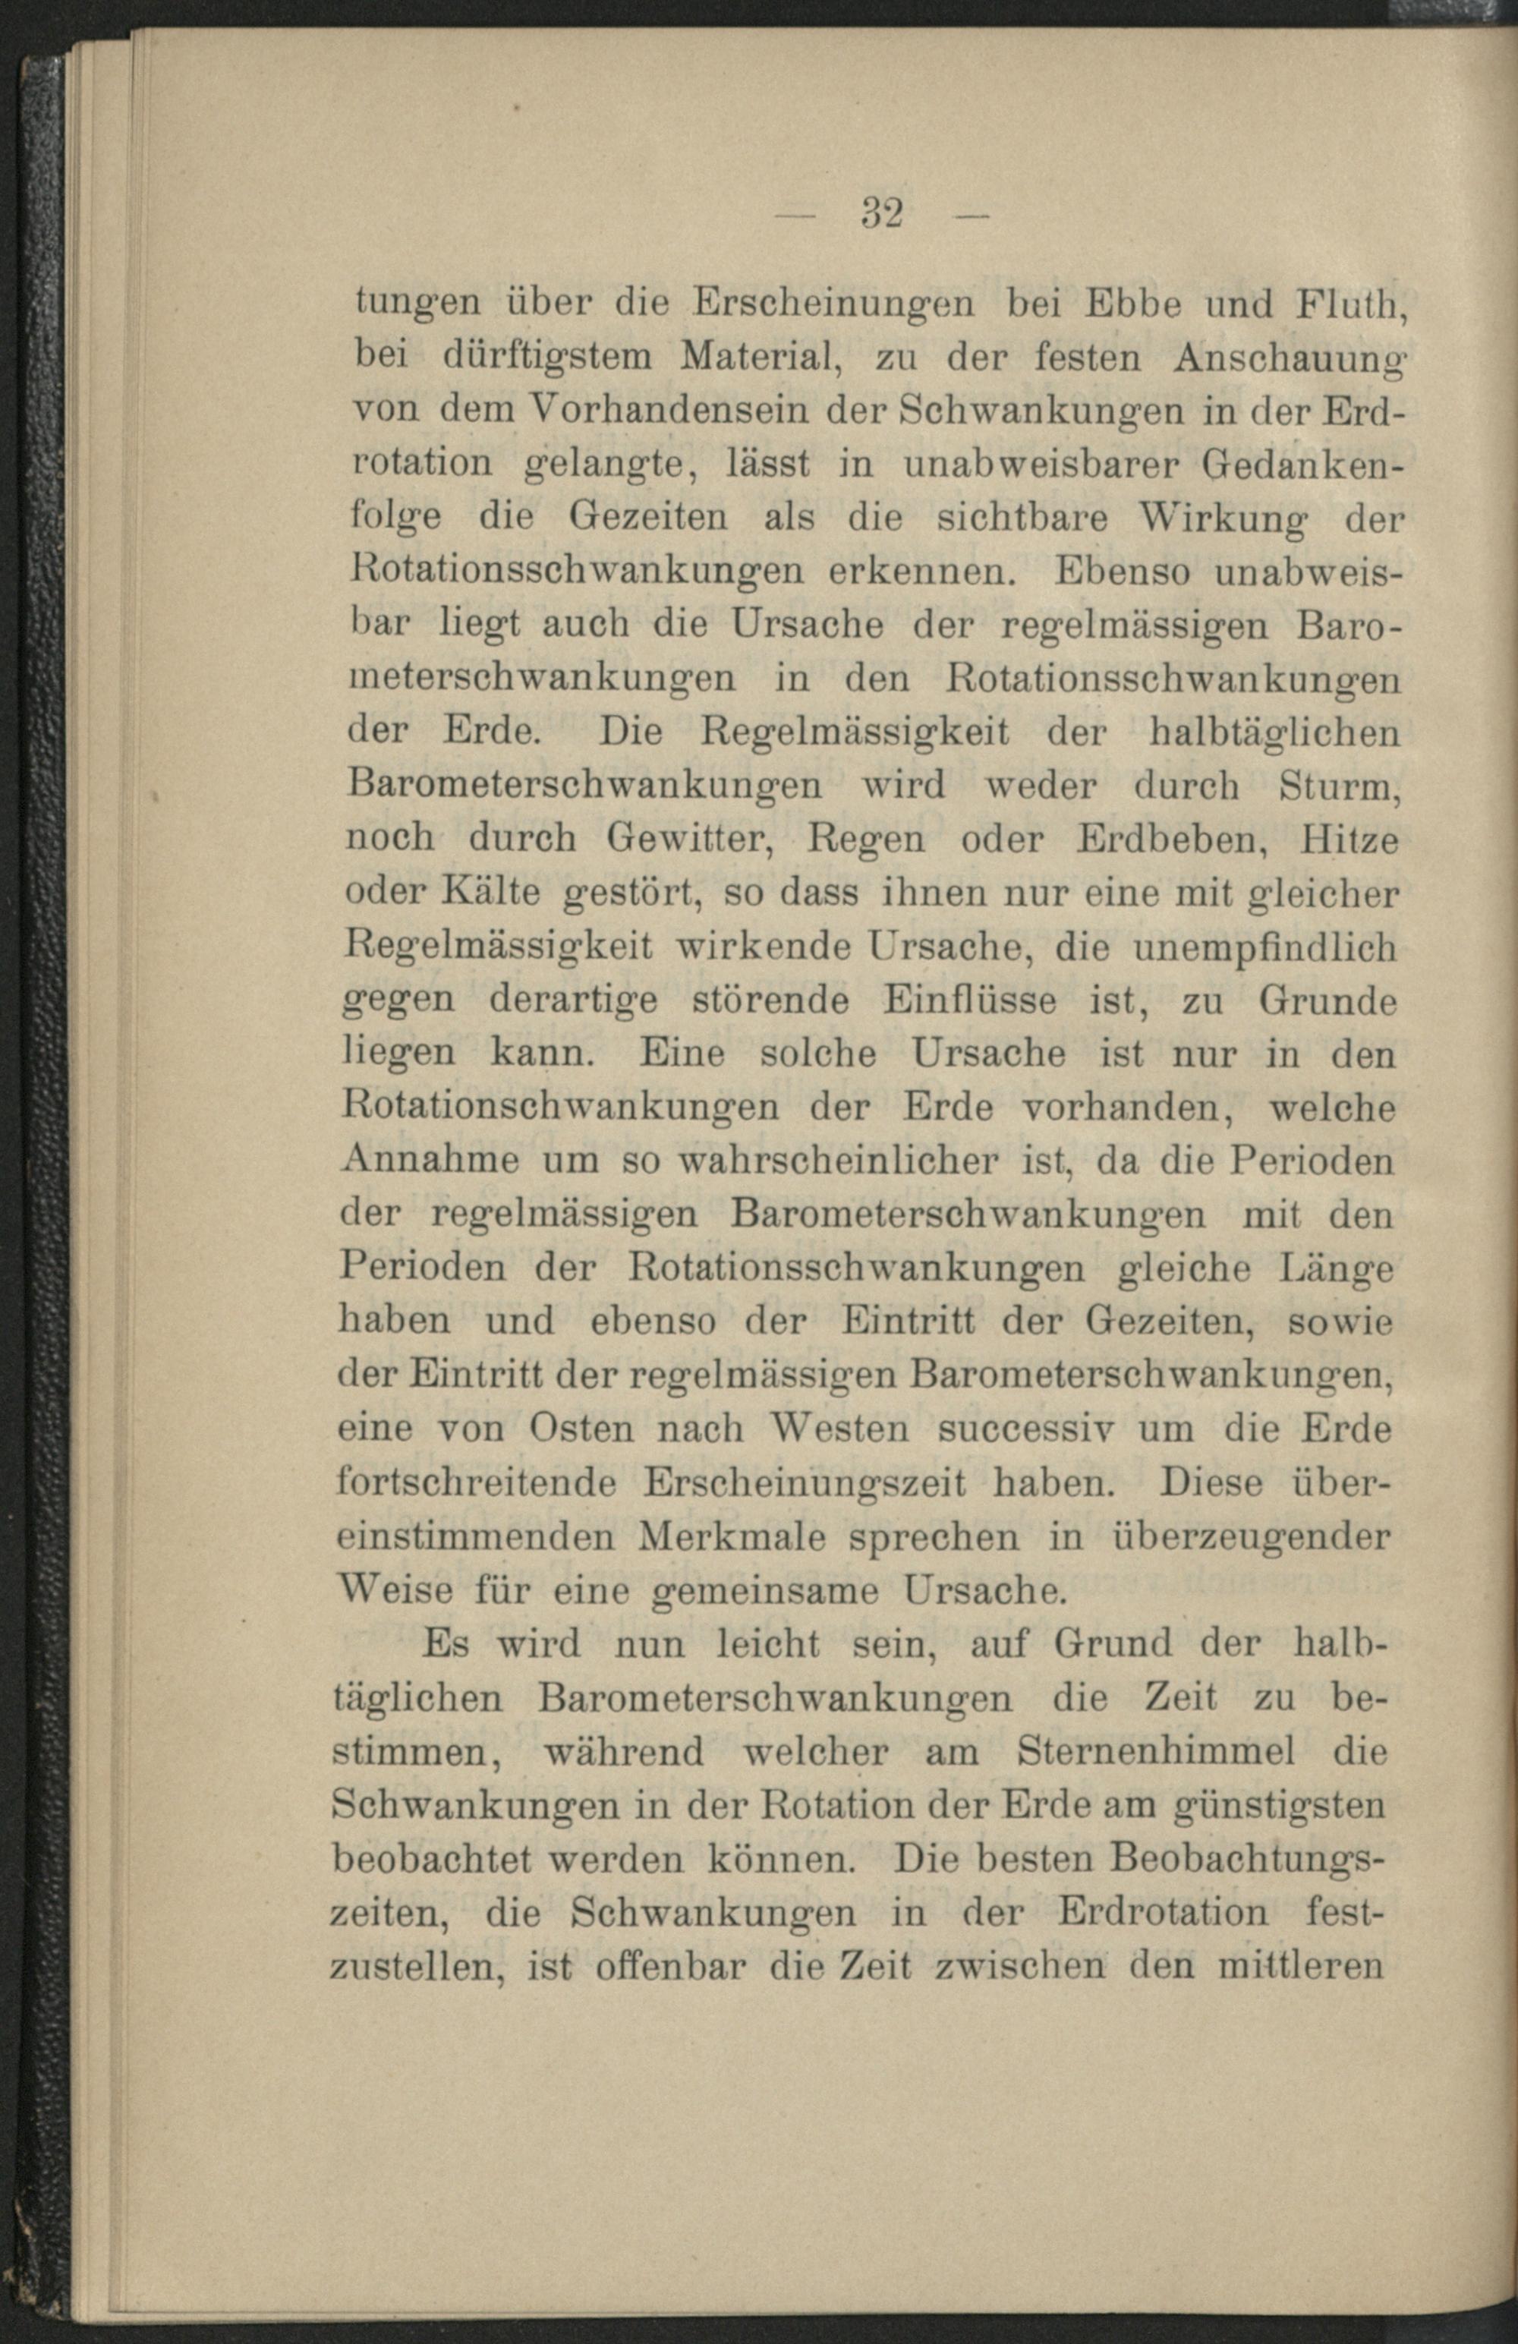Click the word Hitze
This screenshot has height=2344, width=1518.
[1350, 839]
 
